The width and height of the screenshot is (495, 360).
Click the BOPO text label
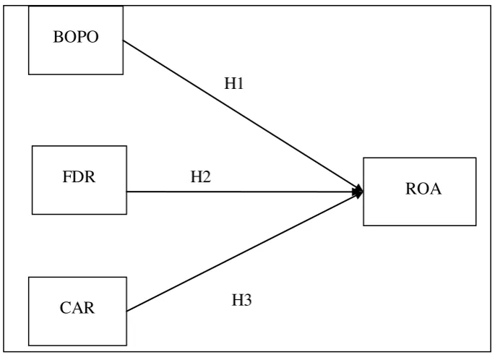pos(76,37)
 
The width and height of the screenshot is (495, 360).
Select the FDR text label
pos(79,176)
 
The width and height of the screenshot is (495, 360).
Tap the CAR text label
pos(77,307)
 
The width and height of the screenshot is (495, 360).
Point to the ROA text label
pos(423,189)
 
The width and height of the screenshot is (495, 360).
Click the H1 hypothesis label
pos(234,83)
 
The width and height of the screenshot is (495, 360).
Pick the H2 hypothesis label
pos(201,176)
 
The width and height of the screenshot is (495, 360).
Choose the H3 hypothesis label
pos(242,300)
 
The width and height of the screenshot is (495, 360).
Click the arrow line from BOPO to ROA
pos(243,116)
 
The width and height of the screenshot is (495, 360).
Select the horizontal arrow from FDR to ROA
pos(245,192)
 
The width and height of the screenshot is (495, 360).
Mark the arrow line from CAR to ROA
pos(245,252)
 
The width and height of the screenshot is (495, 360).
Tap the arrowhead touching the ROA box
pos(358,192)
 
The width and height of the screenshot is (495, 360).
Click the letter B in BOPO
pos(58,37)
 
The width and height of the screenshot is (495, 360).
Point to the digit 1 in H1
pos(240,83)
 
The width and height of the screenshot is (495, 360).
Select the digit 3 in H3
pos(248,300)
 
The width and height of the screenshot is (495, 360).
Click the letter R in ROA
pos(410,189)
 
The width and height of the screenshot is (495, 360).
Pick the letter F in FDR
pos(66,176)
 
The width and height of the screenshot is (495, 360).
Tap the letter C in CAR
pos(65,307)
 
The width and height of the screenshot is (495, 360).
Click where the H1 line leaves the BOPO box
pos(123,40)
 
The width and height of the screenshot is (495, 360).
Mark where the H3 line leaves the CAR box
pos(126,312)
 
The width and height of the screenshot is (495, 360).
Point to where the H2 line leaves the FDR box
pos(126,192)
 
